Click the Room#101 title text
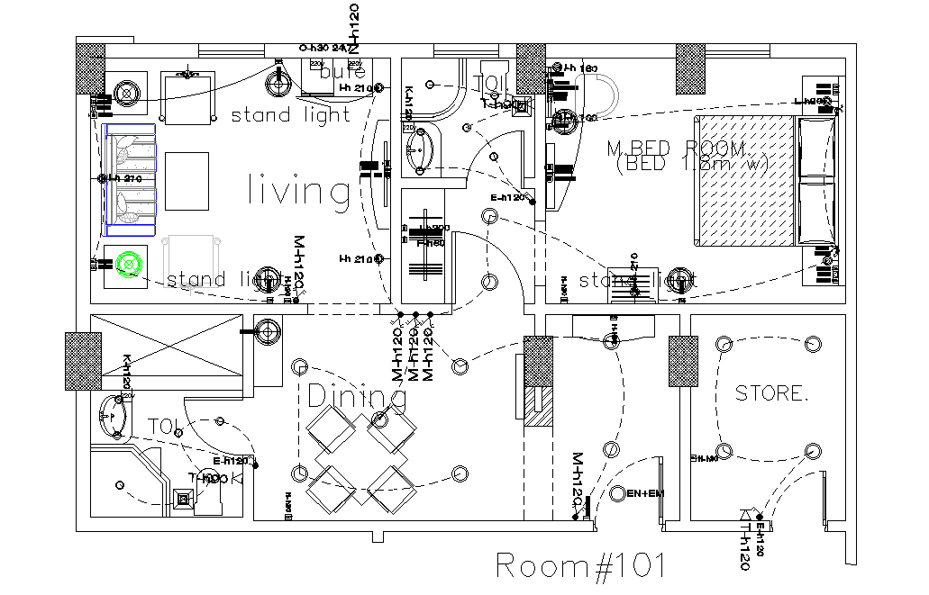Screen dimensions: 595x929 (581, 565)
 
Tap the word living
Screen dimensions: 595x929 (298, 191)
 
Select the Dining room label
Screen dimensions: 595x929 (356, 396)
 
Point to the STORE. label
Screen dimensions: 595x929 (771, 393)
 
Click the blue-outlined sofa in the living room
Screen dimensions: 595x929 (131, 175)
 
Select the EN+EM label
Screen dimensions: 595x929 (645, 493)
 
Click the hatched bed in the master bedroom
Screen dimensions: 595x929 (743, 180)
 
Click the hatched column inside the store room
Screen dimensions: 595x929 (682, 361)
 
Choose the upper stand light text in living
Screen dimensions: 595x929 (290, 115)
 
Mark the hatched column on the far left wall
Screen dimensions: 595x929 (82, 361)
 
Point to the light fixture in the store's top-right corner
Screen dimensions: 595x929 (813, 343)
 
